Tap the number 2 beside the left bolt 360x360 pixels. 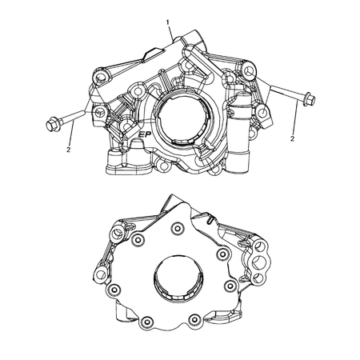click(69, 149)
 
